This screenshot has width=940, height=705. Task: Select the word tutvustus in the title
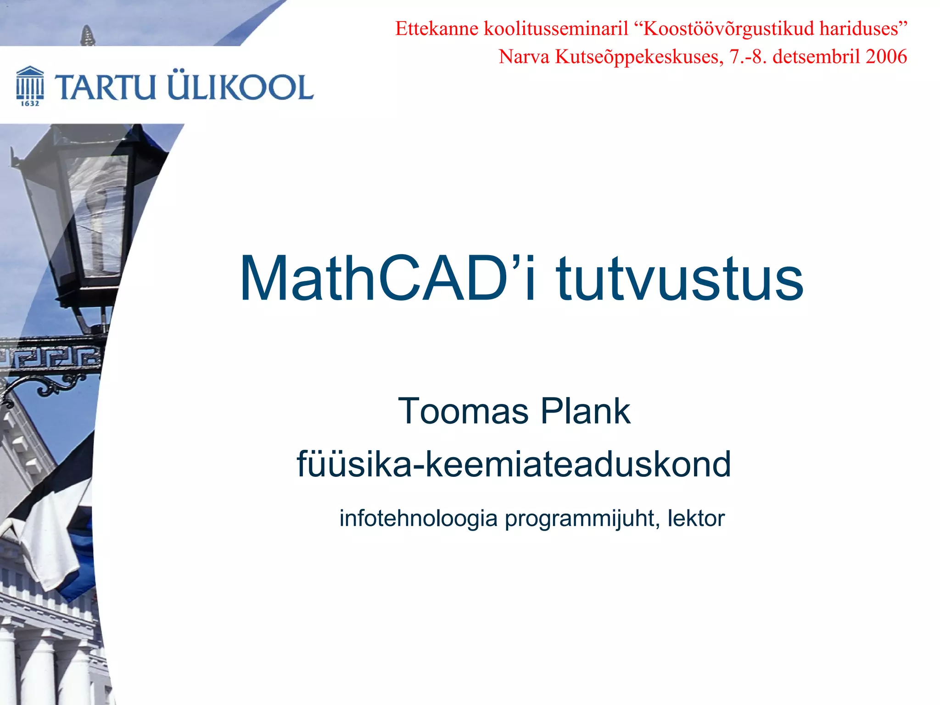[x=680, y=279]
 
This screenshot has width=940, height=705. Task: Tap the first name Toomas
[x=463, y=411]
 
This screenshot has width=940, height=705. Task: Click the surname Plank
[x=585, y=411]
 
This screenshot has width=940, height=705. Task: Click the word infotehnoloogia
[x=418, y=519]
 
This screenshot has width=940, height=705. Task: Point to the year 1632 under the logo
[x=30, y=104]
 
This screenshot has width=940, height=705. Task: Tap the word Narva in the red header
[x=524, y=57]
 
